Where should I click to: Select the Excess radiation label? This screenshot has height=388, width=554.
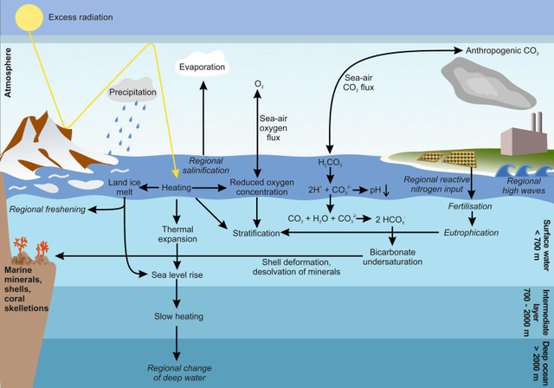pyautogui.click(x=81, y=16)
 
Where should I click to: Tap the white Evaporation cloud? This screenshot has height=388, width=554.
pyautogui.click(x=204, y=67)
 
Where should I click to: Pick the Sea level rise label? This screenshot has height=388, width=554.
pyautogui.click(x=177, y=275)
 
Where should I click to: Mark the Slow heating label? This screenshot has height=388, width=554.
pyautogui.click(x=177, y=317)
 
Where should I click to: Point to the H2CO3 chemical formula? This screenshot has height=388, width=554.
pyautogui.click(x=330, y=162)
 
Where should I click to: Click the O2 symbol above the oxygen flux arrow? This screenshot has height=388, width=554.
pyautogui.click(x=257, y=84)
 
